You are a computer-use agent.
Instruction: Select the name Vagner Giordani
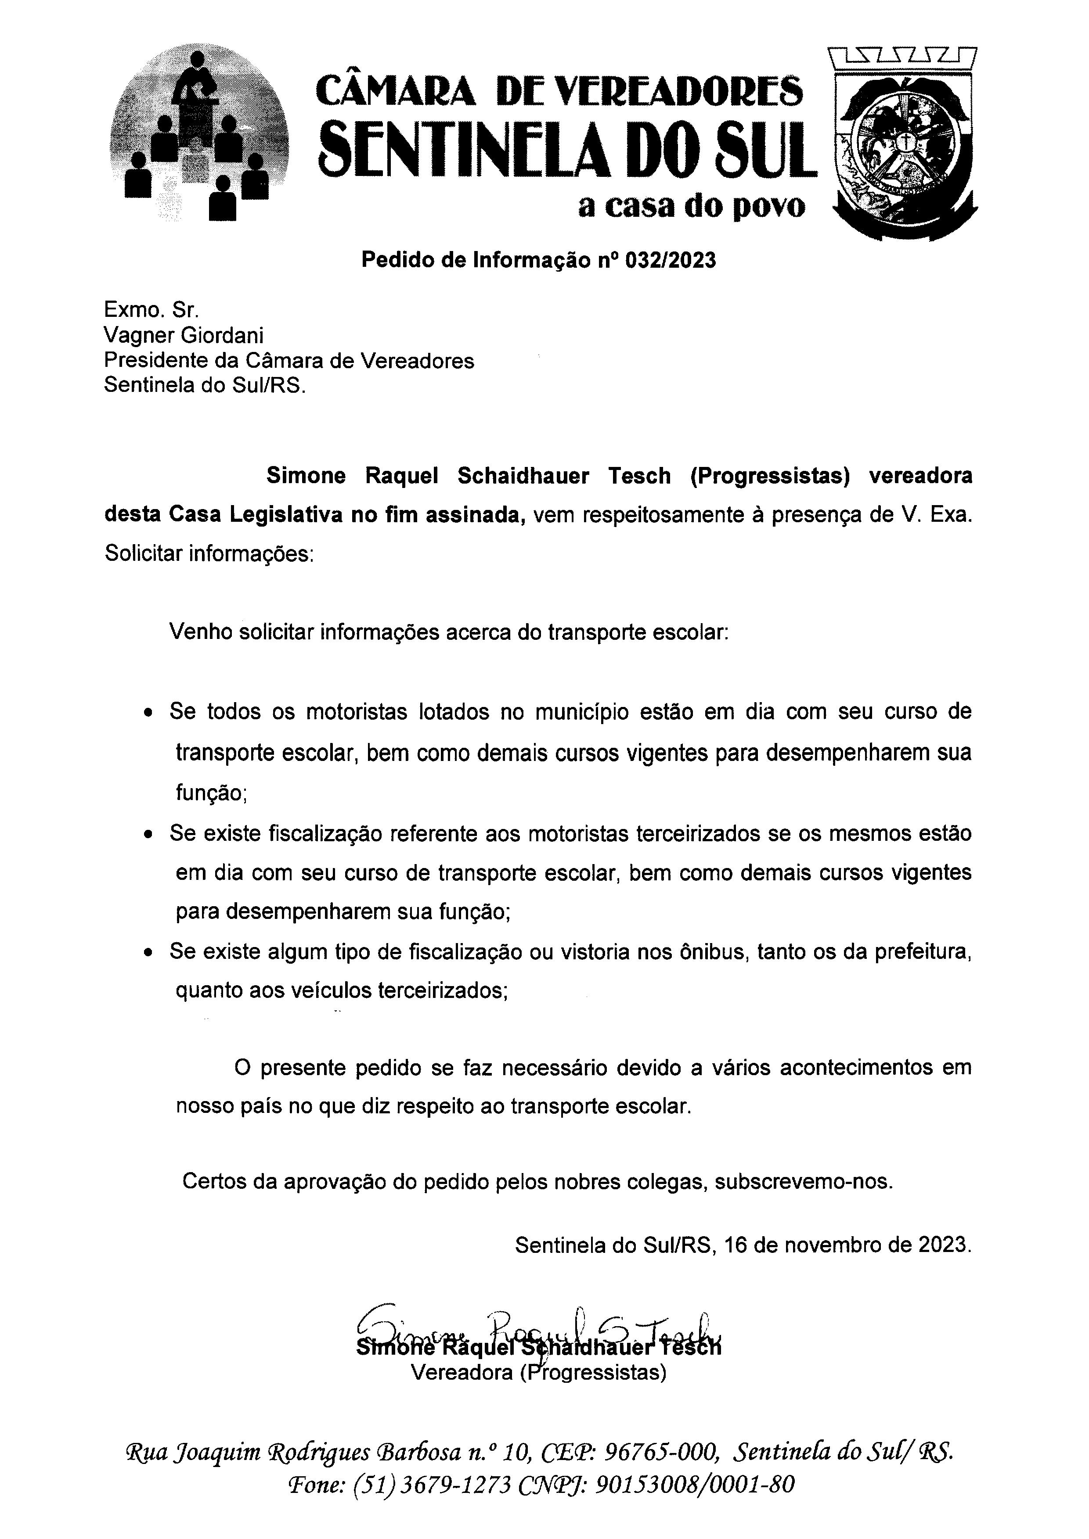pyautogui.click(x=183, y=335)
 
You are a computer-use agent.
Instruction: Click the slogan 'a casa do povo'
pyautogui.click(x=691, y=208)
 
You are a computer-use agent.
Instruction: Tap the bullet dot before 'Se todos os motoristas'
pyautogui.click(x=149, y=713)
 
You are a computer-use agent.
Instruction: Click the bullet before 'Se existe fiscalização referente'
pyautogui.click(x=149, y=835)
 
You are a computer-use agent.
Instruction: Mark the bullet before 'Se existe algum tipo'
pyautogui.click(x=149, y=952)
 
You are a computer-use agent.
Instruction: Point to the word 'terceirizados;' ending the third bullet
pyautogui.click(x=443, y=990)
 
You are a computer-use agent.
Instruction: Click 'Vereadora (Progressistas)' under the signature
pyautogui.click(x=538, y=1373)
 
